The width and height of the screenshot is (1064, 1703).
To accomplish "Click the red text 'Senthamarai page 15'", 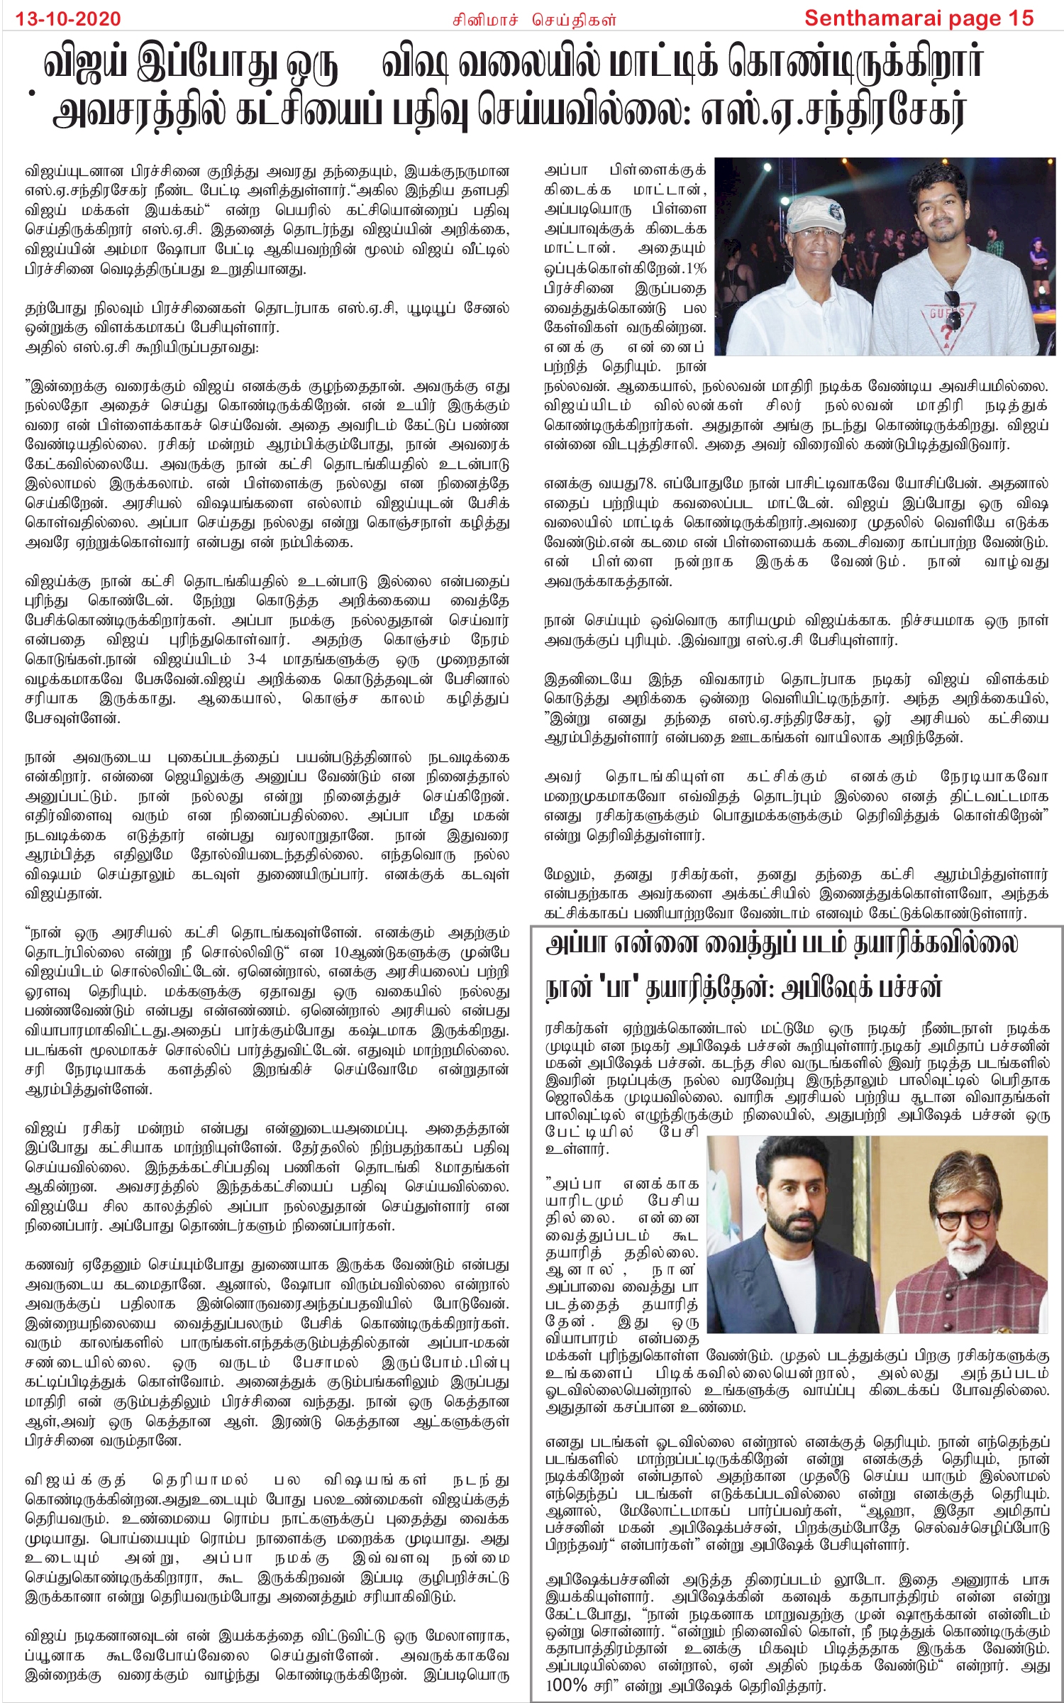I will pyautogui.click(x=919, y=18).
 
